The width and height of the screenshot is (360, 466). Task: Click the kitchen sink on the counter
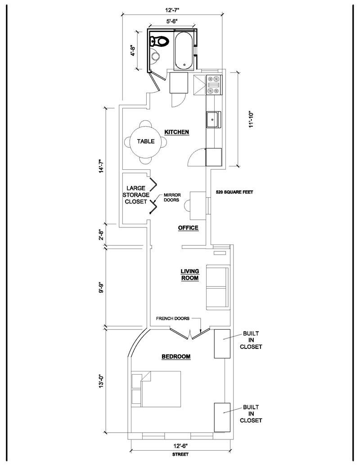[213, 120]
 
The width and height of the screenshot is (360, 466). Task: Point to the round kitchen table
[146, 141]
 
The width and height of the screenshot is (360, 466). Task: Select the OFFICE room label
[188, 228]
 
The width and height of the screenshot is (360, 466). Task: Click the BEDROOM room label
[176, 357]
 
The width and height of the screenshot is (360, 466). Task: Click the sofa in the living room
[218, 287]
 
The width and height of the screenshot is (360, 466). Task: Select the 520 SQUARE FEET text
[234, 192]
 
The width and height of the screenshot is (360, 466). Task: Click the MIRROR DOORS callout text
[172, 197]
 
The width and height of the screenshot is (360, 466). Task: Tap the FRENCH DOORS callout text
[172, 318]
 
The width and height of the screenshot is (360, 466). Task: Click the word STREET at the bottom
[180, 455]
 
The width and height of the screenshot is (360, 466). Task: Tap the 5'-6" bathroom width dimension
[172, 20]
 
